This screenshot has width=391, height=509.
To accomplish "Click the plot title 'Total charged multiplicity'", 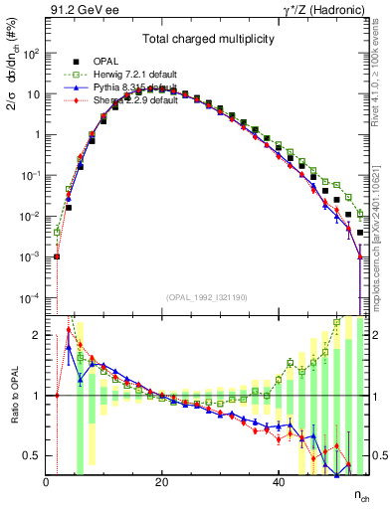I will click(x=207, y=41).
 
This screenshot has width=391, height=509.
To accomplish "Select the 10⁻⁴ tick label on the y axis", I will click(x=31, y=298).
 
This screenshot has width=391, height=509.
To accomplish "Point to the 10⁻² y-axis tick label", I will click(x=31, y=217).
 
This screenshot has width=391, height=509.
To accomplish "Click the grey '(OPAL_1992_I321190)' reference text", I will click(x=207, y=297).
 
